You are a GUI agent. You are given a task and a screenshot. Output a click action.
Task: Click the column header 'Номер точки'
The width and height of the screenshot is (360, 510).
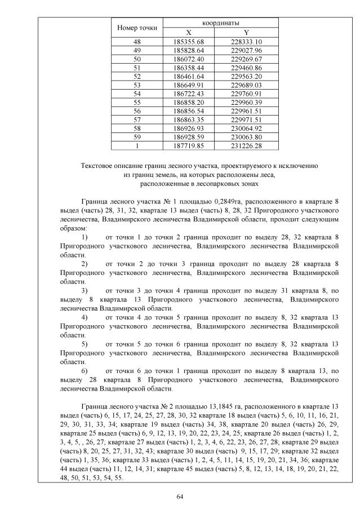[137, 28]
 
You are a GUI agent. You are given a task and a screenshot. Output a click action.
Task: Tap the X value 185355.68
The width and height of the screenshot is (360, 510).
[188, 42]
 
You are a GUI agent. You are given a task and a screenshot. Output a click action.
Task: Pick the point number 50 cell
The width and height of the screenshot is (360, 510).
[137, 59]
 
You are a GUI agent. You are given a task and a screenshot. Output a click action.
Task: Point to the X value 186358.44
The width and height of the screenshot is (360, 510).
[188, 67]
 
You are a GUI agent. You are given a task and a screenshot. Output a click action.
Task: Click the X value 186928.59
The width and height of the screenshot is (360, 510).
[188, 136]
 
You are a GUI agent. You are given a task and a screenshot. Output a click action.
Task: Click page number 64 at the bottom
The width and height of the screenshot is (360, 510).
[180, 496]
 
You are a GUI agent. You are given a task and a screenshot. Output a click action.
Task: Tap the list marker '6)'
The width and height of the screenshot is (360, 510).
[85, 371]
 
